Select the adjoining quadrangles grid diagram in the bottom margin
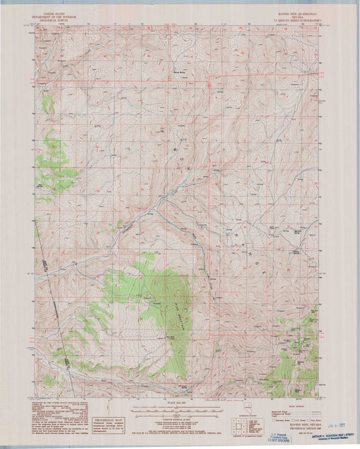(237, 425)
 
